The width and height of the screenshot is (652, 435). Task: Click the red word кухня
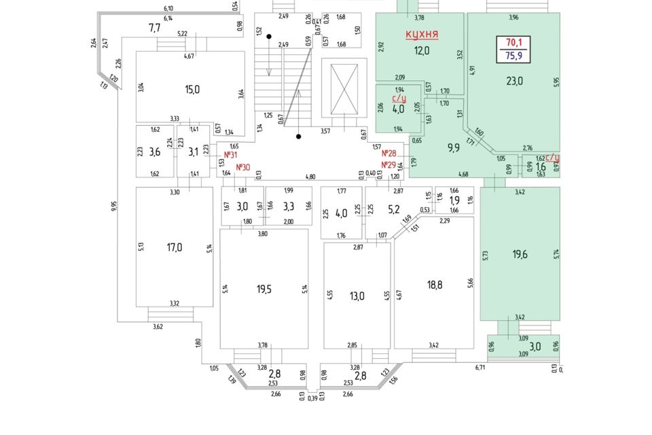pos(421,34)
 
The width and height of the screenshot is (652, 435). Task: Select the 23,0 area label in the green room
pos(515,81)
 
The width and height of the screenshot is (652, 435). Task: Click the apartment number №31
pos(230,154)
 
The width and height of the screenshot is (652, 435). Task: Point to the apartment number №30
pos(242,167)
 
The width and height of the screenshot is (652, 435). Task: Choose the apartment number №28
pos(388,153)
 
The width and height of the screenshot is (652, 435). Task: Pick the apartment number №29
pos(388,164)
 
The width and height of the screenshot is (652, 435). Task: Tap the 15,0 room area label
pos(192,89)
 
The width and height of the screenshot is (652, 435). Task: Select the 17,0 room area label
pos(175,247)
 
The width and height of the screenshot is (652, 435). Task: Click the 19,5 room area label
pos(264,289)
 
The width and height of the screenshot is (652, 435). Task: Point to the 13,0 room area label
pos(357,296)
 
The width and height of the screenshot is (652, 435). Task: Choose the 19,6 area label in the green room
pos(520,254)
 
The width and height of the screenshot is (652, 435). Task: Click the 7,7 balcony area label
pos(154,28)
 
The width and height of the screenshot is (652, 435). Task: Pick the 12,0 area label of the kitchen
pos(423,50)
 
